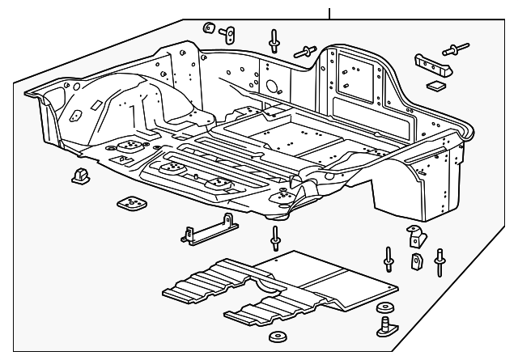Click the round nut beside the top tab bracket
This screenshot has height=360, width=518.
coord(207,28)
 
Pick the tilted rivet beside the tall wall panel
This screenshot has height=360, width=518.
coord(305,51)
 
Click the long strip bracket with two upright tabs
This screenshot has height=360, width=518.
coord(206,230)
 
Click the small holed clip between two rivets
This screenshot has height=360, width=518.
coord(416,261)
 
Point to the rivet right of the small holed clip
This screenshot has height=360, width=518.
coord(439,260)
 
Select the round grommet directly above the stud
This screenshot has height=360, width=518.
coord(385,308)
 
